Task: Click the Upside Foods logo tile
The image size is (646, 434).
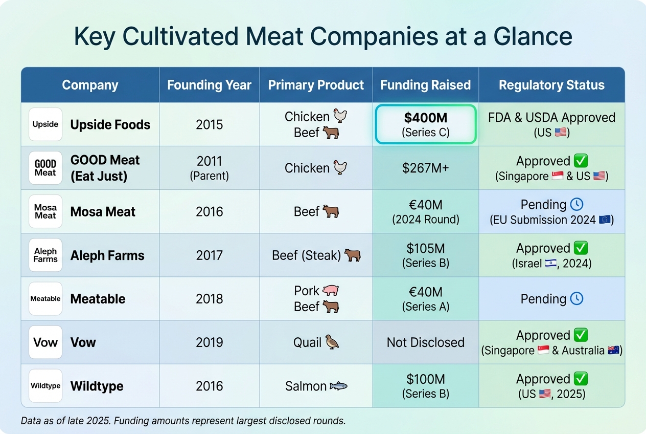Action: tap(45, 124)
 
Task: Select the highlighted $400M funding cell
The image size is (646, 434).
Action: tap(426, 124)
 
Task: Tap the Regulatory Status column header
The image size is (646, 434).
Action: tap(551, 85)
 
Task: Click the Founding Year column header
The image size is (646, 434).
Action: tap(209, 85)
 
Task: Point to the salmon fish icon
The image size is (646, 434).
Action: tap(338, 386)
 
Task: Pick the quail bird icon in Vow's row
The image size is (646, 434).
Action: tap(333, 342)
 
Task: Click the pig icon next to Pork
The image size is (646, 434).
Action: tap(331, 291)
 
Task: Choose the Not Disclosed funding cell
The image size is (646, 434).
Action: tap(426, 342)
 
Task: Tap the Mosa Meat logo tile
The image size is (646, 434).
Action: tap(45, 211)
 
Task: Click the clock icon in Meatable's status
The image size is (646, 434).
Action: tap(576, 299)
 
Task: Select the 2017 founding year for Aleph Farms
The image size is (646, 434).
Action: tap(209, 255)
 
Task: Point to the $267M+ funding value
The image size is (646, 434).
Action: tap(426, 168)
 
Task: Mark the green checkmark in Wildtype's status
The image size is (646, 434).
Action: tap(581, 379)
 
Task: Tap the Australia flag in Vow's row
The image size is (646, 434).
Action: tap(614, 351)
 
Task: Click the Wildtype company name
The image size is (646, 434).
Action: tap(97, 386)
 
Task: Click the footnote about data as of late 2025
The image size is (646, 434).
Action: tap(183, 421)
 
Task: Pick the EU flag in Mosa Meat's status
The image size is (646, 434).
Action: tap(605, 220)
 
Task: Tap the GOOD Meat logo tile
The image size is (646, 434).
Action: tap(45, 168)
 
